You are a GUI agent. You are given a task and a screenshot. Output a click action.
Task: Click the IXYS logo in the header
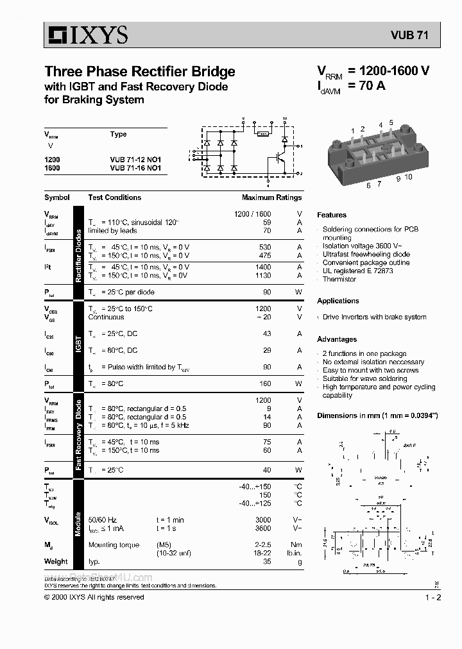click(86, 35)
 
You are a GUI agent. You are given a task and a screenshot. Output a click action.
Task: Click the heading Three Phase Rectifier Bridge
click(140, 71)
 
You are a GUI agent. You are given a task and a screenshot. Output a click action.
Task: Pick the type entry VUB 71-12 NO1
click(135, 159)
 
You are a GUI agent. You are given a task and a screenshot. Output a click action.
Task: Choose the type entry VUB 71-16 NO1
click(135, 168)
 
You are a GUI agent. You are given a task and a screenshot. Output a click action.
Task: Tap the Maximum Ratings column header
click(271, 198)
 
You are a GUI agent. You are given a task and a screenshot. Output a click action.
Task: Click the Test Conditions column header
click(115, 198)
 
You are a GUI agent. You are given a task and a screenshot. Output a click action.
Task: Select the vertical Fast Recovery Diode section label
click(78, 435)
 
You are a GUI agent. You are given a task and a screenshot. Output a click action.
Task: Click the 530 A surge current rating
click(264, 247)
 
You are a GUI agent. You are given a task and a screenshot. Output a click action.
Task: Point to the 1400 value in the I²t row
click(263, 267)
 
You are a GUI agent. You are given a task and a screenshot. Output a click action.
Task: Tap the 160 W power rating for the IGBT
click(264, 383)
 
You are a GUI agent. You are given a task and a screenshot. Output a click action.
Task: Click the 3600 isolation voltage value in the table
click(263, 528)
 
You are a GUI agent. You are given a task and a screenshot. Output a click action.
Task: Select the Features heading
click(332, 215)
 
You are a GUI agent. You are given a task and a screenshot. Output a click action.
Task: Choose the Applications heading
click(338, 301)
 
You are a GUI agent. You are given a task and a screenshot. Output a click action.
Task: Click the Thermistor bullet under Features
click(339, 279)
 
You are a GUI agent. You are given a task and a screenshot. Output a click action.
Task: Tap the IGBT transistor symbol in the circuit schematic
click(280, 156)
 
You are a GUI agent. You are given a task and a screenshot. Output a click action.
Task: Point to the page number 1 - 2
click(433, 597)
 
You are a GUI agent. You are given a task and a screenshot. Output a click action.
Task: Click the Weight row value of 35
click(266, 561)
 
